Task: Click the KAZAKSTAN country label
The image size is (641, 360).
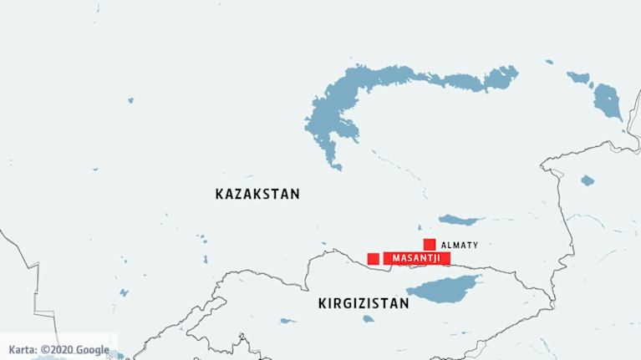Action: coord(257,194)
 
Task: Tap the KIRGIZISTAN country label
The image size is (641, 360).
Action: coord(364,304)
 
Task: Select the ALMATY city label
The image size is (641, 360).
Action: coord(459,246)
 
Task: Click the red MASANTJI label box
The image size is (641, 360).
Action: coord(417,259)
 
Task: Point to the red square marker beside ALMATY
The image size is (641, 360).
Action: coord(429,245)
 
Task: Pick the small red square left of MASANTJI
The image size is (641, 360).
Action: coord(373,259)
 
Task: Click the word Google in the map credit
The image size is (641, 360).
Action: coord(94,350)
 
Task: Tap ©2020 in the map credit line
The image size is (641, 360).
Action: coord(59,350)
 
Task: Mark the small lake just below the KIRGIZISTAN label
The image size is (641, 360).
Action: coord(287,320)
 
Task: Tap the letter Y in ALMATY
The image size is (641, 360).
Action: coord(475,246)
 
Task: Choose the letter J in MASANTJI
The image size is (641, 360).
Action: coord(433,259)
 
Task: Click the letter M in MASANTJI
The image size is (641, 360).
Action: coord(396,259)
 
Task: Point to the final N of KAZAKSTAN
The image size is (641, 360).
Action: coord(294,194)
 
